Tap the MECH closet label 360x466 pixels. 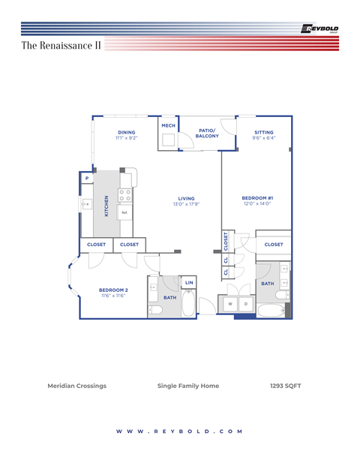[x=169, y=126]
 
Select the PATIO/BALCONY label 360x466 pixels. [x=208, y=133]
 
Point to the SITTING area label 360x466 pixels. [x=263, y=133]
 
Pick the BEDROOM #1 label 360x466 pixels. [x=256, y=198]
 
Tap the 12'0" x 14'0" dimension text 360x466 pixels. [x=256, y=204]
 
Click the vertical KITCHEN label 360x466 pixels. [x=106, y=206]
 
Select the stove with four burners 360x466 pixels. [x=125, y=196]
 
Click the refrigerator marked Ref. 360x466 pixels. [x=124, y=212]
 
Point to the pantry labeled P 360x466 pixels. [x=87, y=178]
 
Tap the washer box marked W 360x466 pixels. [x=229, y=304]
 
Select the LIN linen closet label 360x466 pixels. [x=189, y=282]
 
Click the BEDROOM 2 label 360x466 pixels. [x=114, y=290]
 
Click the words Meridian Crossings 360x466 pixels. [x=77, y=386]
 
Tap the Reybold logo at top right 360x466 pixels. [x=319, y=29]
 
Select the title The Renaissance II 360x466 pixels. [x=61, y=46]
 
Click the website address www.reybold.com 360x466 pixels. [x=180, y=431]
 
